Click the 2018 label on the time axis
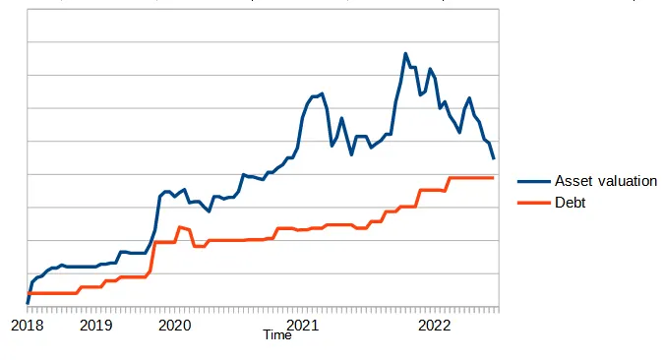(28, 326)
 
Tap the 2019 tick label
(96, 326)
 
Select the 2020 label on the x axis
(175, 326)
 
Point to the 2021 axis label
(303, 326)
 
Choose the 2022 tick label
(435, 326)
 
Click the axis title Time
(277, 335)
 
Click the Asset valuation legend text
(606, 181)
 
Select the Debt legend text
(570, 203)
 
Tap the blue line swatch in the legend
(534, 181)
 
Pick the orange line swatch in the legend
(534, 203)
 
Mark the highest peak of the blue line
(405, 53)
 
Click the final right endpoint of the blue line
(494, 158)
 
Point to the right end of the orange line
(494, 178)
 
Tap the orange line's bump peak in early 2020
(180, 227)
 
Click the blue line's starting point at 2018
(28, 303)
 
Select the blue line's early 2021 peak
(323, 93)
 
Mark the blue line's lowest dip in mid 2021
(351, 154)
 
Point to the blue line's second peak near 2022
(430, 69)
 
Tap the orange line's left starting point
(28, 293)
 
